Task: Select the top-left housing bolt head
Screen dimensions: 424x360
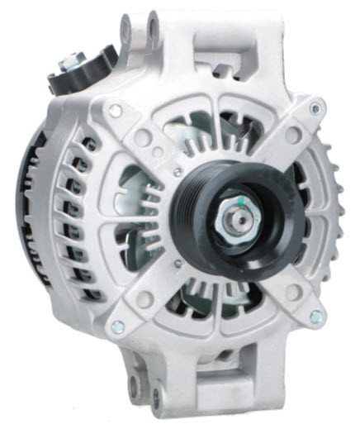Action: tap(116, 108)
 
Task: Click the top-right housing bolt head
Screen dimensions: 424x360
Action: tap(315, 107)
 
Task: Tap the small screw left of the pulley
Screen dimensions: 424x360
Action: tap(177, 171)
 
